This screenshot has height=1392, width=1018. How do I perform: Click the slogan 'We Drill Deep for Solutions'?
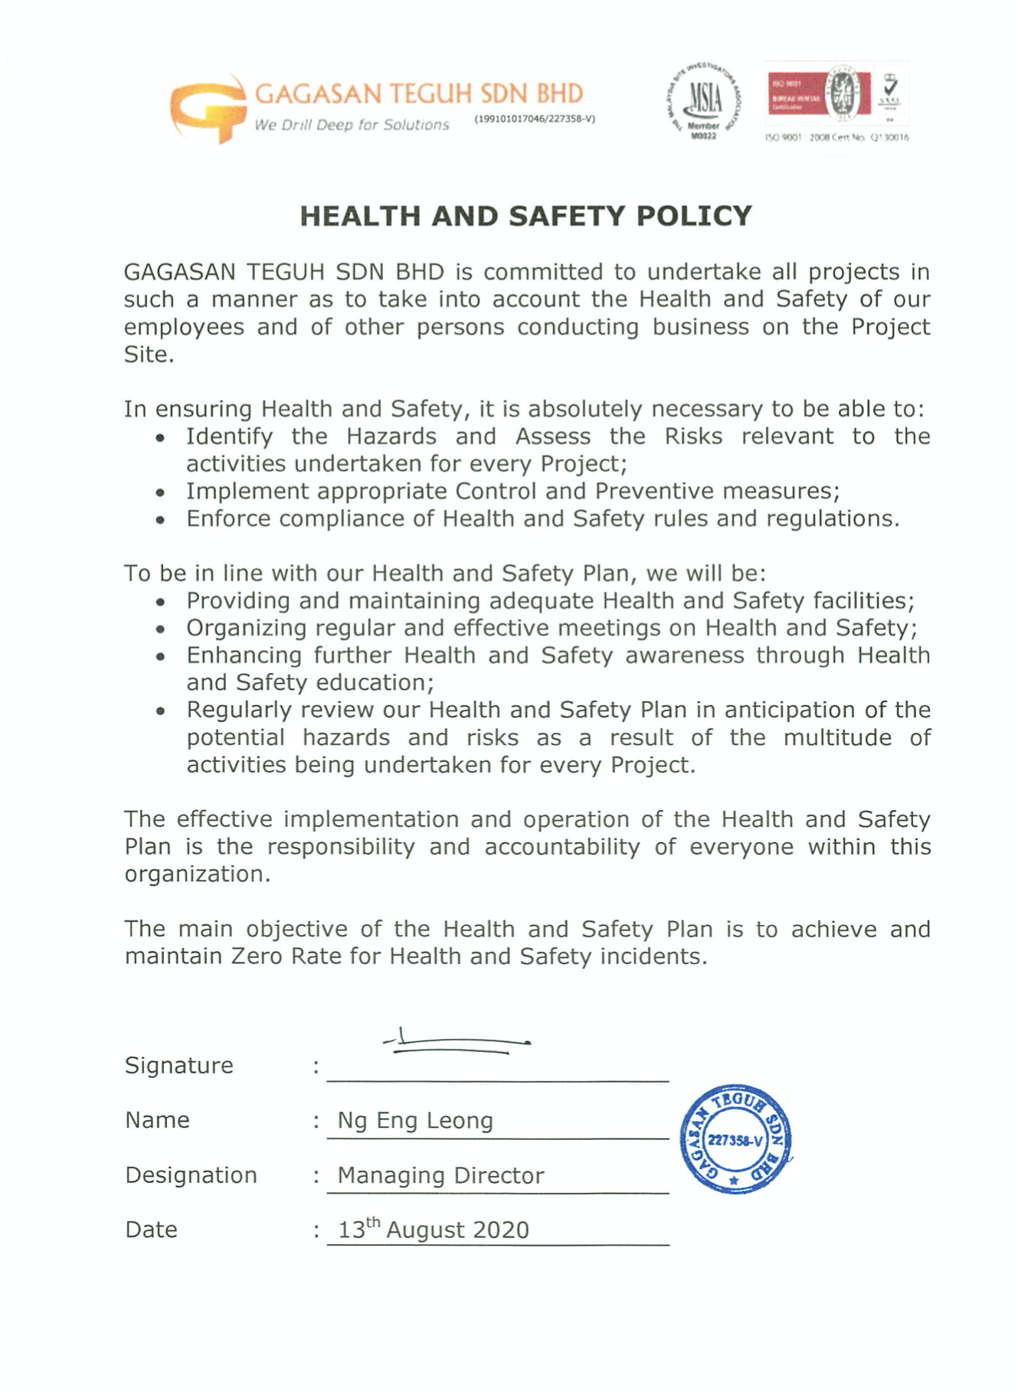click(x=352, y=125)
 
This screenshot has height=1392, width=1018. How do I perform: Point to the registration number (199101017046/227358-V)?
click(x=535, y=119)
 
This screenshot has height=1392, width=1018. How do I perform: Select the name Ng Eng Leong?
click(x=415, y=1120)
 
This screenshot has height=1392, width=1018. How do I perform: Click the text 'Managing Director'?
click(x=440, y=1175)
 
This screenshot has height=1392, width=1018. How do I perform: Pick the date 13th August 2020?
click(x=434, y=1230)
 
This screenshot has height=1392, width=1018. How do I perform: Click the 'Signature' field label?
click(x=178, y=1065)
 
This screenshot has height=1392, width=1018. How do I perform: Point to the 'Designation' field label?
click(x=191, y=1175)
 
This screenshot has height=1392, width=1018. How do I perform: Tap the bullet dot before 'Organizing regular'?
click(x=160, y=630)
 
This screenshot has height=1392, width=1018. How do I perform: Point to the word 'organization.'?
click(x=198, y=874)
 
